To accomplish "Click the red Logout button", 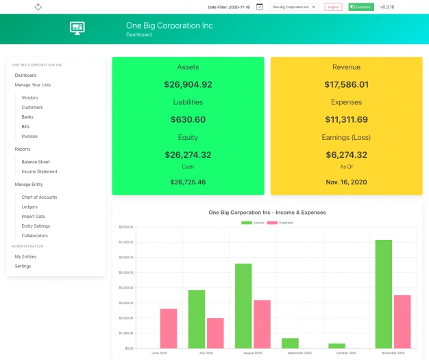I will pos(333,7).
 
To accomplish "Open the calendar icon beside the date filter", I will pos(259,7).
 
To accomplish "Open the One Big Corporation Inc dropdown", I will pos(294,7).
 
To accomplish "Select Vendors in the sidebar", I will pos(29,97).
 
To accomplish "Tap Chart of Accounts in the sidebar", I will pos(39,197).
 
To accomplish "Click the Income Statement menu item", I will pos(39,171).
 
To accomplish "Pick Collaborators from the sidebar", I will pos(34,235).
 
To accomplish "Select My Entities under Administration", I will pos(25,256).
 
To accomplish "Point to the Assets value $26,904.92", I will pos(188,85).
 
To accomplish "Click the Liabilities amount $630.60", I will pos(188,119).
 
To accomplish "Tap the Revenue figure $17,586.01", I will pos(346,85).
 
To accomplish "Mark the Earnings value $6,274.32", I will pos(346,155).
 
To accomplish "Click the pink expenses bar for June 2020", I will pos(169,328).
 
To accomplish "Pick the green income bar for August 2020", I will pos(243,305).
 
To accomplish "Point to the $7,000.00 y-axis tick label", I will pos(125,242).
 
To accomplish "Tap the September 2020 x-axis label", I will pos(299,352).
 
